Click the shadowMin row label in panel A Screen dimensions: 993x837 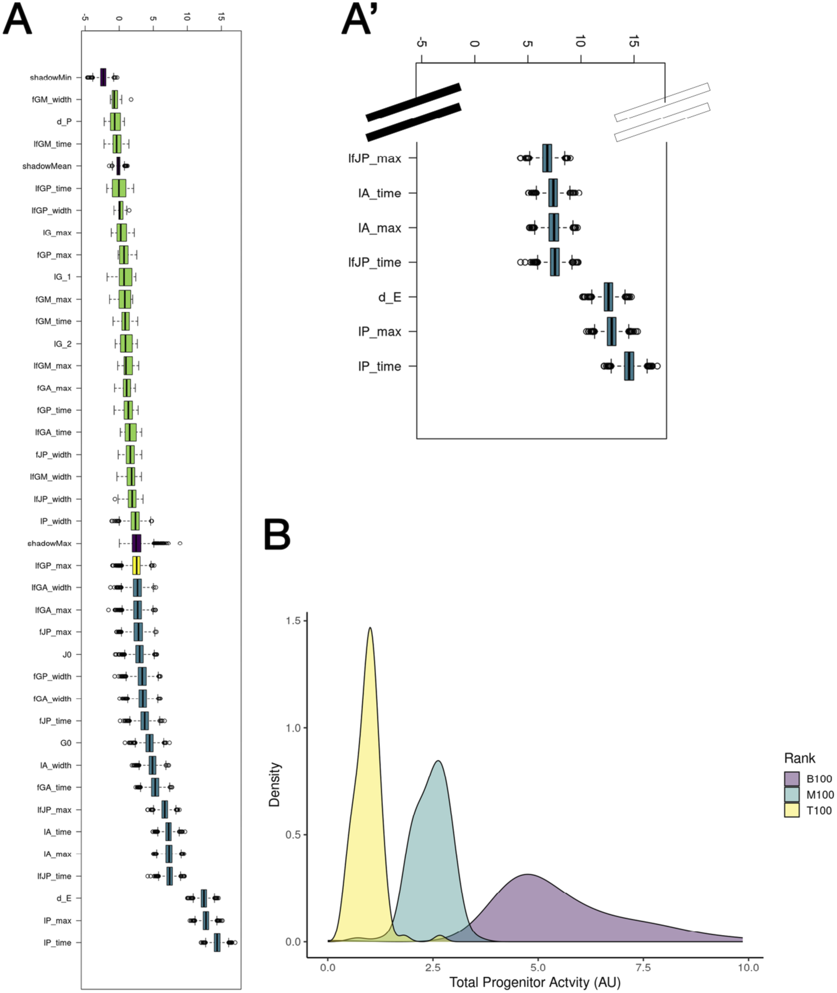[50, 78]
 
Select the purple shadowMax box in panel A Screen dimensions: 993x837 [136, 544]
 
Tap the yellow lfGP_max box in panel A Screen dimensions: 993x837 [136, 565]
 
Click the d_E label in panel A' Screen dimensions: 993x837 [390, 297]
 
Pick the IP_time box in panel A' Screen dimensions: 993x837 [629, 366]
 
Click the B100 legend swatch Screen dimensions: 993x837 [792, 778]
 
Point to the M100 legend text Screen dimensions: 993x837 [820, 794]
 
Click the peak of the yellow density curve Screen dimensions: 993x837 [370, 628]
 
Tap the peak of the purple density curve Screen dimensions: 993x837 [527, 874]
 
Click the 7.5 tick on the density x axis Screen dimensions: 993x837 [643, 967]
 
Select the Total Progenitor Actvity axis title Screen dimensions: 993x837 [535, 982]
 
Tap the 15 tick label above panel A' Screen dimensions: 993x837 [634, 43]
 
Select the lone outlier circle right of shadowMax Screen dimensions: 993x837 [179, 543]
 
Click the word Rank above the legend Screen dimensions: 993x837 [800, 758]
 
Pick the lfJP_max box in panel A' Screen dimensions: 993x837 [547, 158]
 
